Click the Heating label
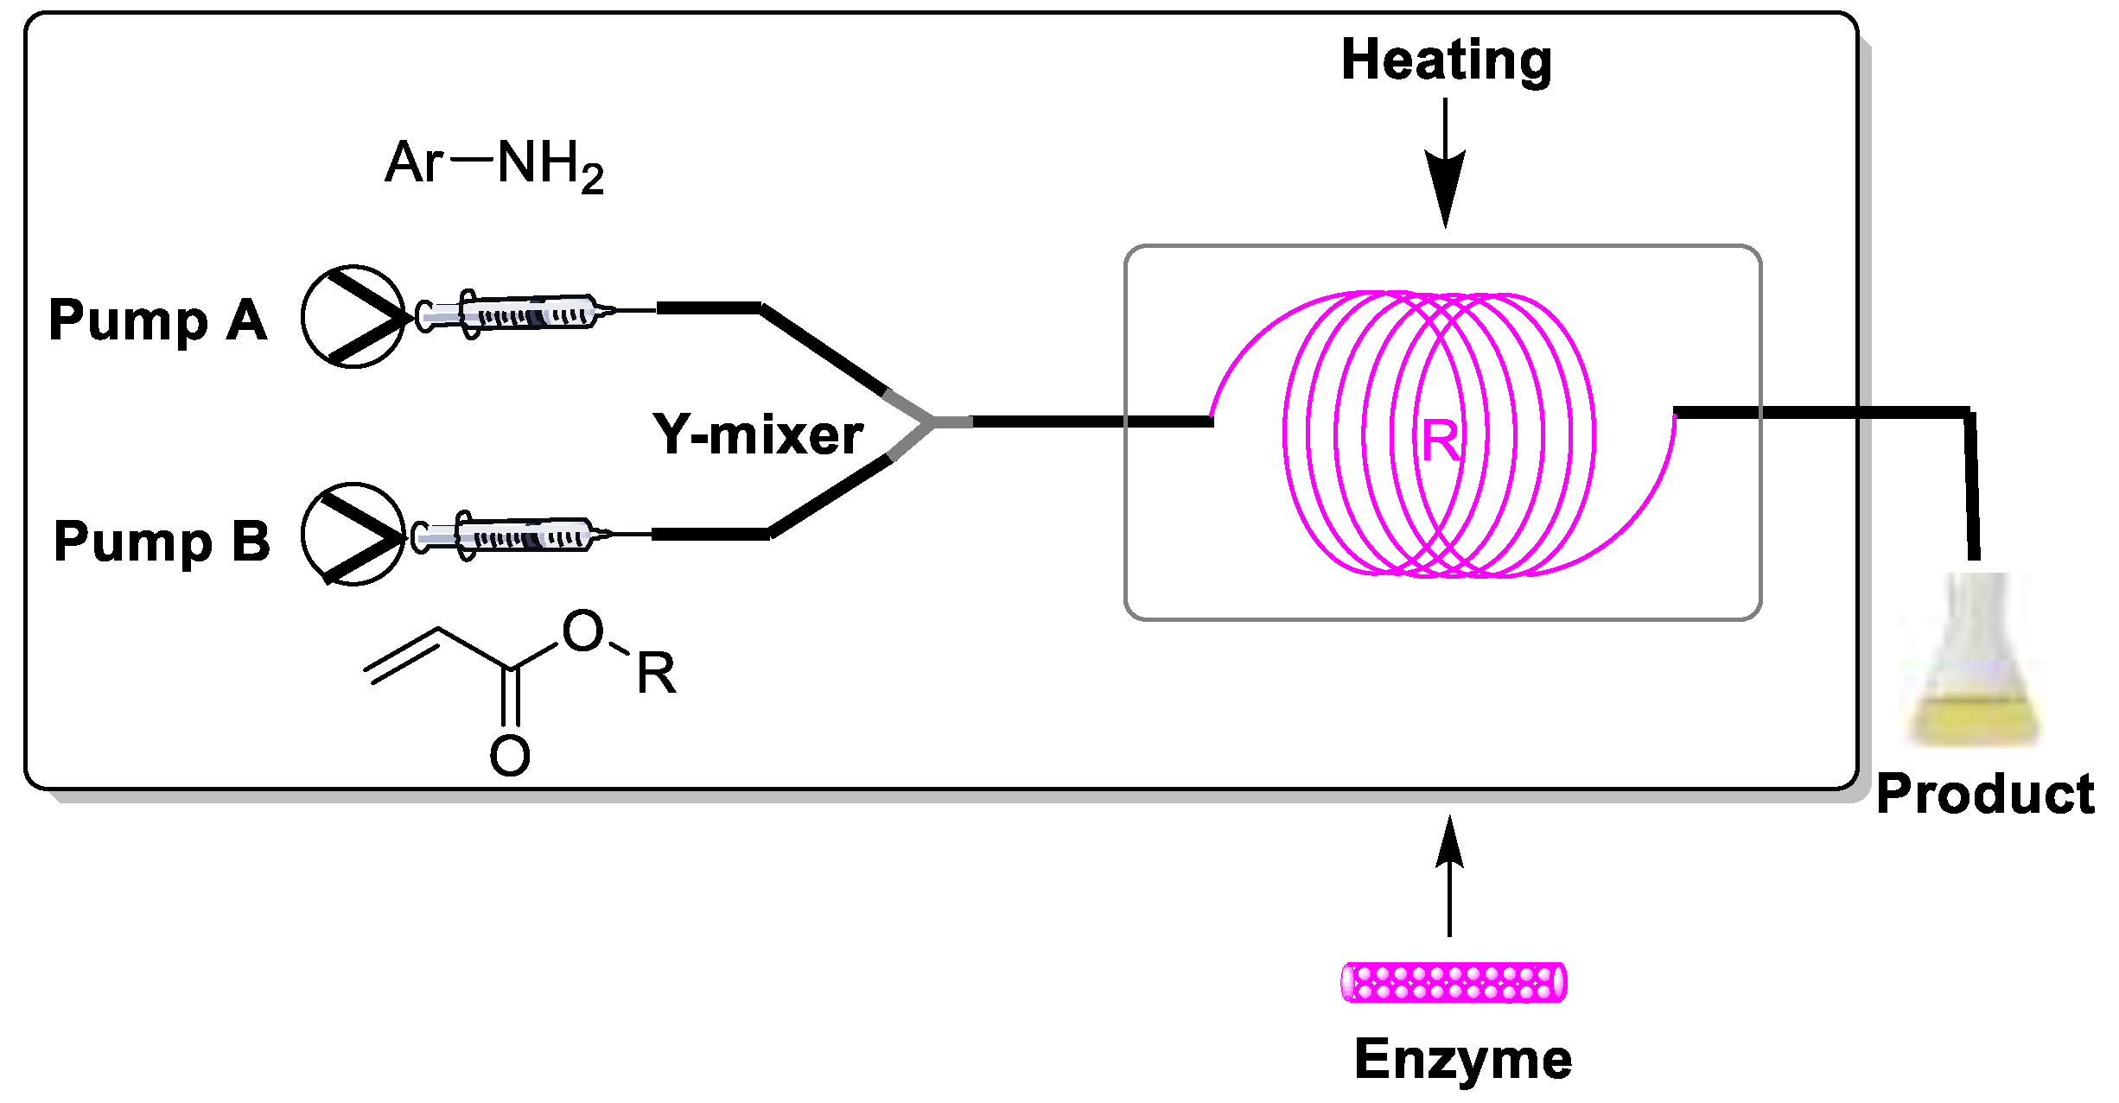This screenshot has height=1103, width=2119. (x=1446, y=60)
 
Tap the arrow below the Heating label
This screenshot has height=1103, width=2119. (x=1445, y=164)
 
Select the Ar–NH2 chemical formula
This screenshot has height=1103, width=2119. (x=494, y=164)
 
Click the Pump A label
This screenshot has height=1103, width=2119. (x=158, y=320)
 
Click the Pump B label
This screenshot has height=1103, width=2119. (x=162, y=542)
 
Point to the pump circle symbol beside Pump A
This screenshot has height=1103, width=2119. (x=353, y=317)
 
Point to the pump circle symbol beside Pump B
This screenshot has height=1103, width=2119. (x=353, y=534)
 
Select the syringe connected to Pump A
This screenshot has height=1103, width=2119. (x=514, y=314)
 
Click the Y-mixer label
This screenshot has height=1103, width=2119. (x=758, y=434)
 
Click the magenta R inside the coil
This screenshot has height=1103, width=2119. (x=1441, y=441)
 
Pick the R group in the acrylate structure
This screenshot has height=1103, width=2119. (x=656, y=674)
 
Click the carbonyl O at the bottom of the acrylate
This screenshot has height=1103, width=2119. (x=510, y=756)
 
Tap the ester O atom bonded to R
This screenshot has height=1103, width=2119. (x=582, y=631)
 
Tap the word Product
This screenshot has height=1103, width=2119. (x=1985, y=794)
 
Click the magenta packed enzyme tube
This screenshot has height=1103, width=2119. (x=1454, y=983)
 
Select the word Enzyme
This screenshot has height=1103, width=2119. (x=1462, y=1059)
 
